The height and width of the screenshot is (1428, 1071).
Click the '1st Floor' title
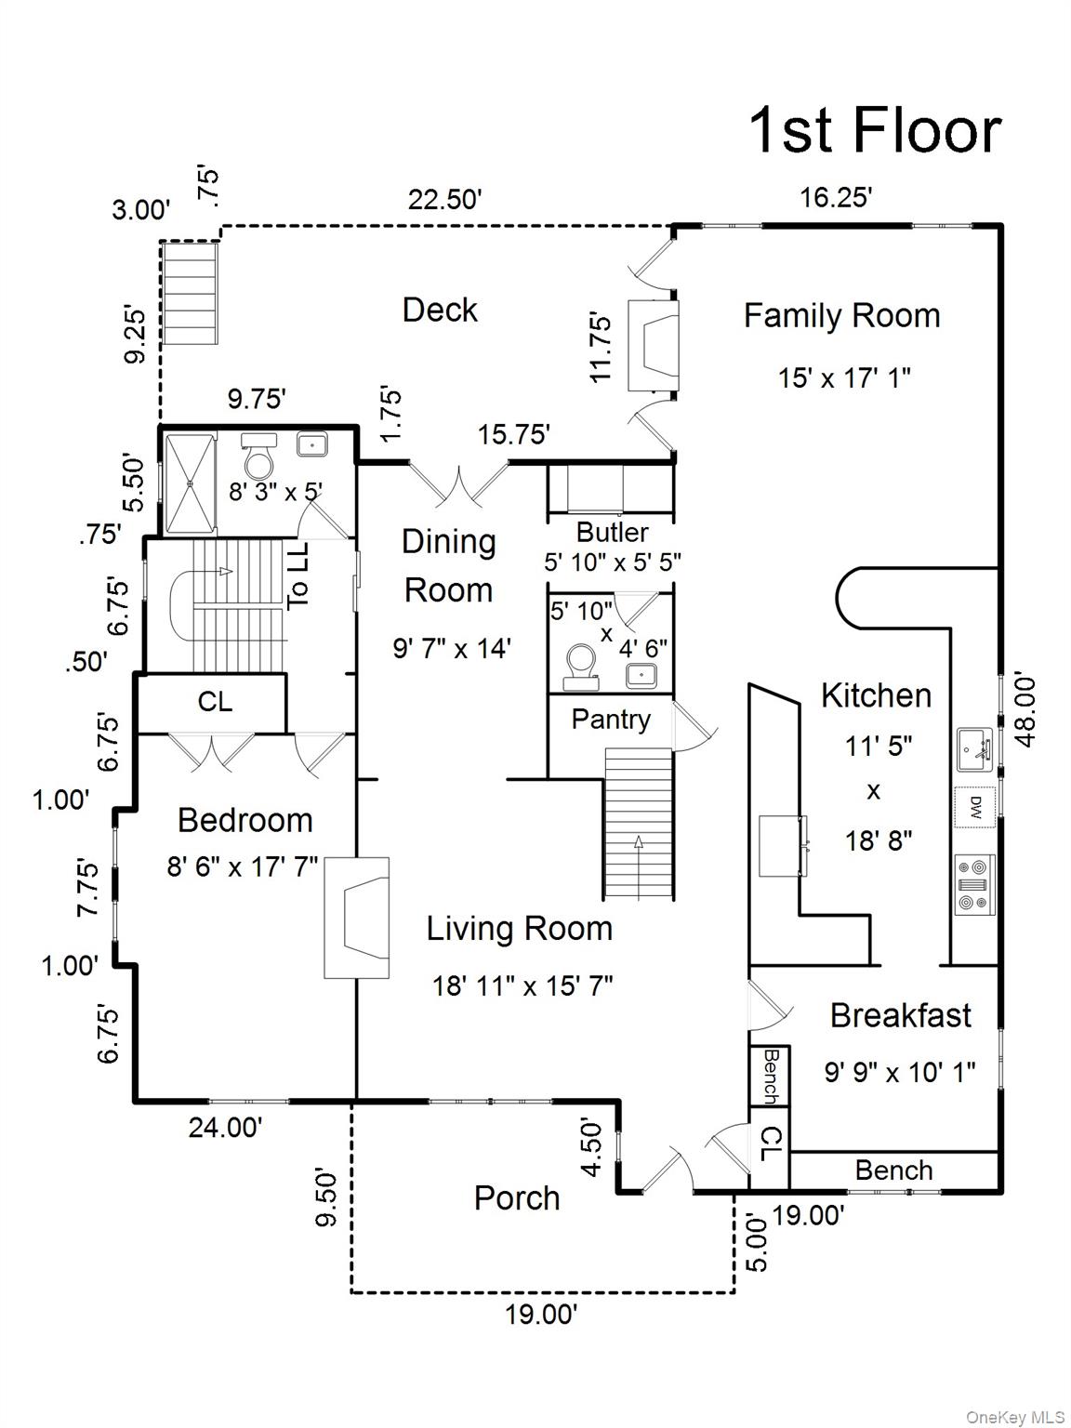pyautogui.click(x=875, y=130)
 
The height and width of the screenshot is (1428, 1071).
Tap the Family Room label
pyautogui.click(x=841, y=316)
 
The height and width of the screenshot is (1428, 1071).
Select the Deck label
pyautogui.click(x=440, y=310)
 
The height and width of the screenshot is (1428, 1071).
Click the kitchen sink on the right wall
pyautogui.click(x=975, y=749)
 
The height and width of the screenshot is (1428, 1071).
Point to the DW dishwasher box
pyautogui.click(x=975, y=806)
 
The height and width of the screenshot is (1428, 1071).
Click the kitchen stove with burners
pyautogui.click(x=975, y=885)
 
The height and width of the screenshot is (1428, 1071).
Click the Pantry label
pyautogui.click(x=610, y=720)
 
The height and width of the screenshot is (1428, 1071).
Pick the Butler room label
pyautogui.click(x=612, y=533)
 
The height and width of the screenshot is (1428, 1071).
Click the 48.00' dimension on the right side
pyautogui.click(x=1026, y=709)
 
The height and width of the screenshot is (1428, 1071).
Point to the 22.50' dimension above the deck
pyautogui.click(x=444, y=200)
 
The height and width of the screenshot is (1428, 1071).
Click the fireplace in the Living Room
pyautogui.click(x=356, y=918)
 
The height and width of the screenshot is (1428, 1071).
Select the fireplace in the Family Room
pyautogui.click(x=653, y=345)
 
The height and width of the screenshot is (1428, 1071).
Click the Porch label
pyautogui.click(x=517, y=1198)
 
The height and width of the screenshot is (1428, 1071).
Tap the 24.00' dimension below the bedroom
pyautogui.click(x=225, y=1128)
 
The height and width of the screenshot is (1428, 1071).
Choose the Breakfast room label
pyautogui.click(x=900, y=1015)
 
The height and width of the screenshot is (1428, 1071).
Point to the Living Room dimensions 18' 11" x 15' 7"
pyautogui.click(x=522, y=985)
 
